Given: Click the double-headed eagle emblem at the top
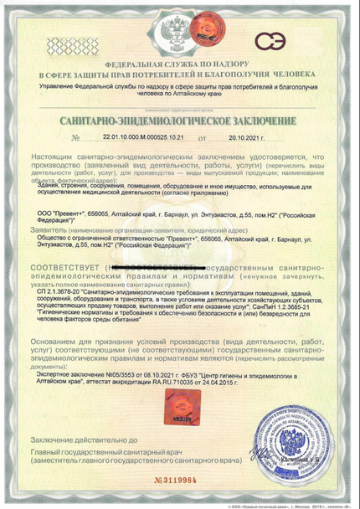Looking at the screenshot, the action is [x=179, y=33].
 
